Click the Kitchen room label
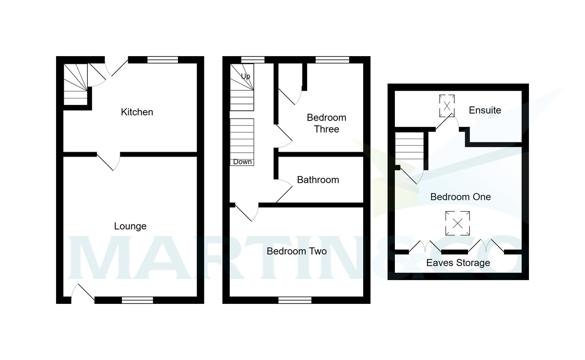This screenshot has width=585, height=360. [x=137, y=112]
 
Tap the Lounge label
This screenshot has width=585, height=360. [x=130, y=226]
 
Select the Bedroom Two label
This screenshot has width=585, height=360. [x=296, y=252]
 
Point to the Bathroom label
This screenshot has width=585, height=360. [x=318, y=180]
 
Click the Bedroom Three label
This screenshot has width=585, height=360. [x=326, y=123]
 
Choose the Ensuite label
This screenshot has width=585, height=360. [x=485, y=110]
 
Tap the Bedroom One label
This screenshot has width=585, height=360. [x=460, y=197]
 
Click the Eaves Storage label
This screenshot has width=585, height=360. [x=458, y=263]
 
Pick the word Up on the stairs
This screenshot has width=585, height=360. [x=246, y=76]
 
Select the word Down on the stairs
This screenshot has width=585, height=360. [x=242, y=162]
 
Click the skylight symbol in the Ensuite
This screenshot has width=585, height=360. [x=447, y=105]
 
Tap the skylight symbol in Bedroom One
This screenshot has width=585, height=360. [x=458, y=223]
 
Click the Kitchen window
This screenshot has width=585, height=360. [x=162, y=60]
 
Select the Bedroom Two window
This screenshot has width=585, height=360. [x=295, y=300]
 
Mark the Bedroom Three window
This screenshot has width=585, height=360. [x=332, y=60]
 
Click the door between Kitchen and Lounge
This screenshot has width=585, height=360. [x=109, y=161]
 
